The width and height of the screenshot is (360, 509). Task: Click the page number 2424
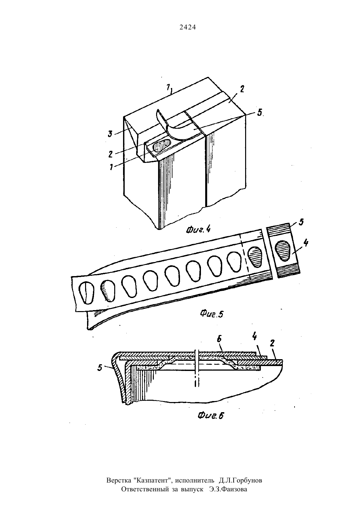pyautogui.click(x=188, y=27)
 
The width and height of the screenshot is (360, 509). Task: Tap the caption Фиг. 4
pyautogui.click(x=198, y=230)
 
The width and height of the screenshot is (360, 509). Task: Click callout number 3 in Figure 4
pyautogui.click(x=110, y=133)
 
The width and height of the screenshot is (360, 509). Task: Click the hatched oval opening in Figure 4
pyautogui.click(x=162, y=146)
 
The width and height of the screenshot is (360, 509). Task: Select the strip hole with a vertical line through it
pyautogui.click(x=87, y=293)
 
